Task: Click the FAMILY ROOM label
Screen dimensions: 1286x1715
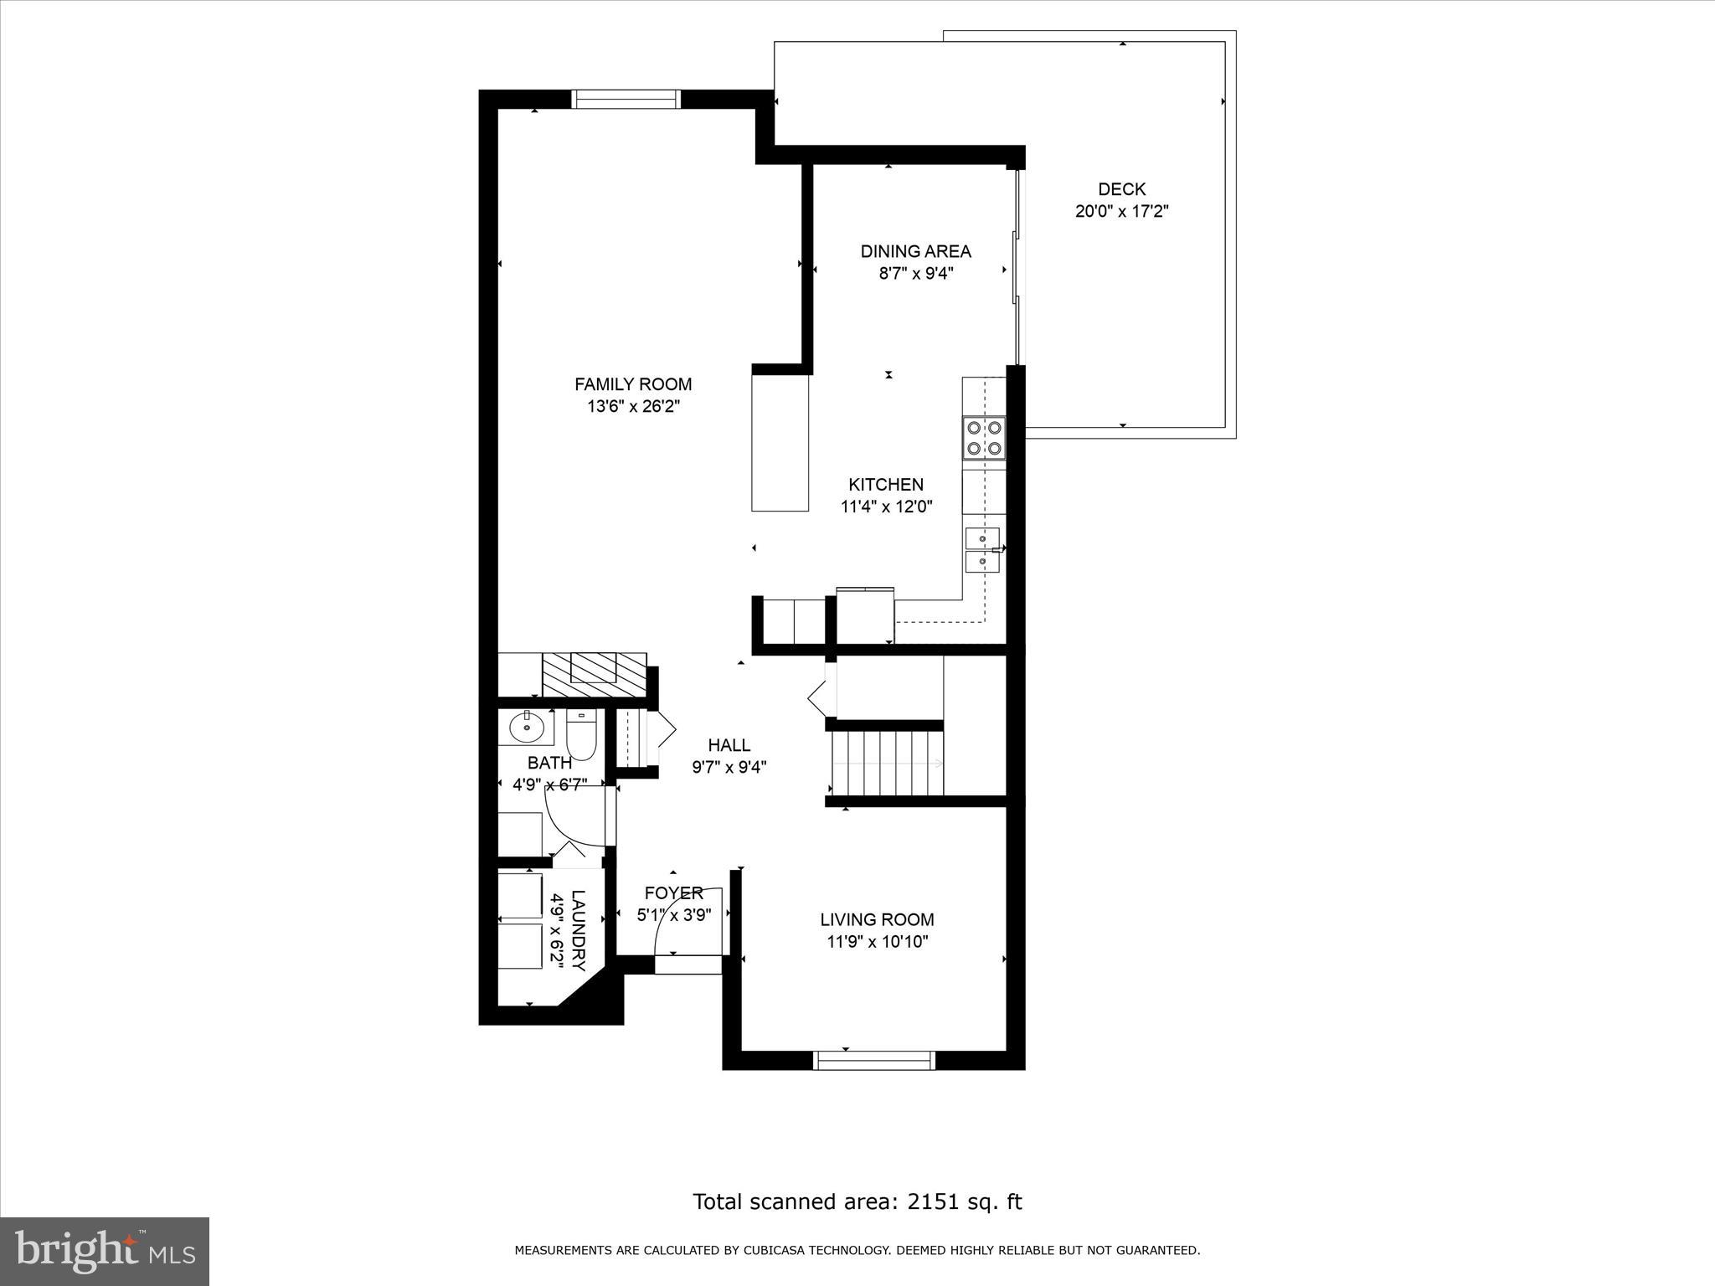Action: tap(632, 384)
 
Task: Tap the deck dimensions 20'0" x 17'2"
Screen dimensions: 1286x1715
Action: tap(1121, 211)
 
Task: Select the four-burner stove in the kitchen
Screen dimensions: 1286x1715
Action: tap(983, 437)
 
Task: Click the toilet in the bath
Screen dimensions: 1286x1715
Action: tap(580, 735)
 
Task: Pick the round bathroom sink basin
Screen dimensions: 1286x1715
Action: tap(527, 726)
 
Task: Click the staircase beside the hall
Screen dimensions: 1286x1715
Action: tap(888, 763)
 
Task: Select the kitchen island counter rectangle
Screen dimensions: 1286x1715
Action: tap(780, 442)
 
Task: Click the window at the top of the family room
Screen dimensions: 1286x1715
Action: tap(626, 99)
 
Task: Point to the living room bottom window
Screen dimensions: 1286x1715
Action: tap(874, 1060)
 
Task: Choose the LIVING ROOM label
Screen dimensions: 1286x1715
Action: tap(877, 919)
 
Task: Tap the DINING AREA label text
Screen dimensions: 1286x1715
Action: tap(915, 251)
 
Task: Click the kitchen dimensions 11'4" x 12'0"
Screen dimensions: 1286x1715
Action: tap(886, 507)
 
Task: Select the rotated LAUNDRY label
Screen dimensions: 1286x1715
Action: tap(578, 929)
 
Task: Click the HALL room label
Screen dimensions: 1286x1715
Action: tap(729, 745)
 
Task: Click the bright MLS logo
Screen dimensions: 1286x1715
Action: tap(105, 1252)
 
